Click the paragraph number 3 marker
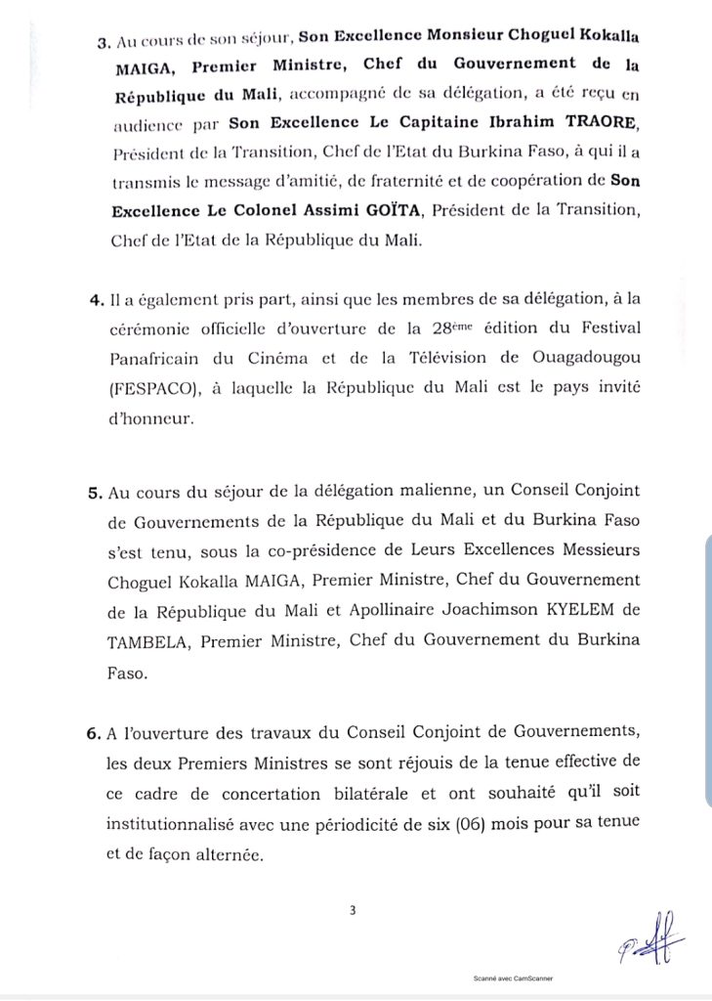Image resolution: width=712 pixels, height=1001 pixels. coord(105,43)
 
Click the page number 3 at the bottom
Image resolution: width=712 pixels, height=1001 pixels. coord(354,910)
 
